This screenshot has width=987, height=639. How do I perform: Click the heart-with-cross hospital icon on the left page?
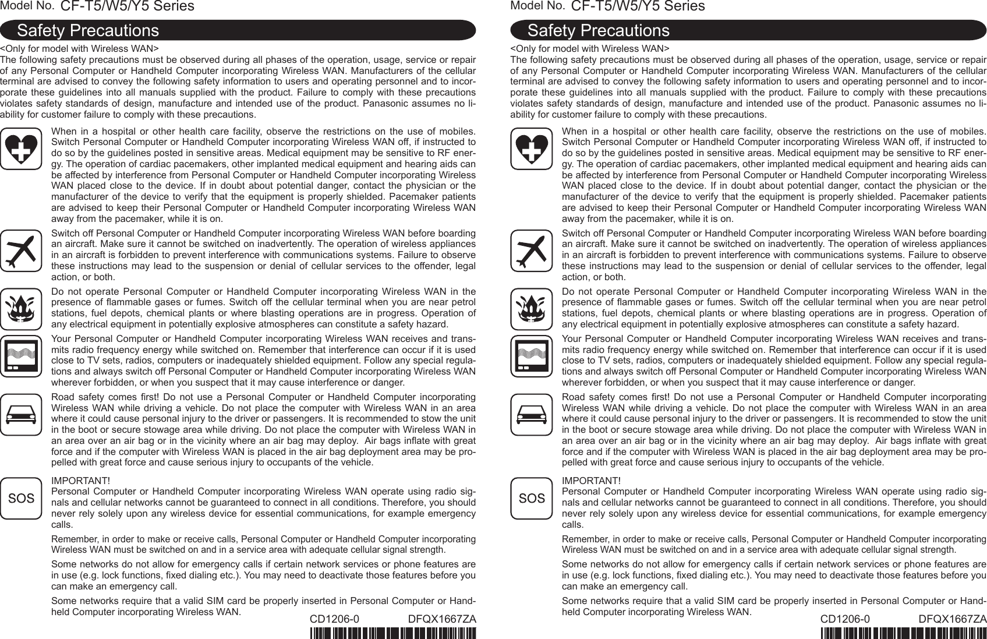pyautogui.click(x=21, y=149)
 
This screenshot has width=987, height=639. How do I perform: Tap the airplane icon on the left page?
pyautogui.click(x=21, y=250)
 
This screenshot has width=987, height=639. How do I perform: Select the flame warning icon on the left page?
pyautogui.click(x=21, y=309)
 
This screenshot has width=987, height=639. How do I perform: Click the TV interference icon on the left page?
pyautogui.click(x=21, y=356)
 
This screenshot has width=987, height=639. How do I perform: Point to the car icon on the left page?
pyautogui.click(x=21, y=415)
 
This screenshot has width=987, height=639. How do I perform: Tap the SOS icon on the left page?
pyautogui.click(x=21, y=498)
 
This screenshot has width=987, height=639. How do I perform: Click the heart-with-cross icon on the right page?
pyautogui.click(x=531, y=149)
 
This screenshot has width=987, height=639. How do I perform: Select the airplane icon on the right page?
pyautogui.click(x=531, y=250)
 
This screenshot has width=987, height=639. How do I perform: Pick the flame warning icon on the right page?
pyautogui.click(x=531, y=309)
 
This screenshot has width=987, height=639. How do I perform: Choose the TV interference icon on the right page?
pyautogui.click(x=531, y=356)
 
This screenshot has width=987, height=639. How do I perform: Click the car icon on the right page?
pyautogui.click(x=531, y=415)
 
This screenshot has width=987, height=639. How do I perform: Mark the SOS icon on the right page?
pyautogui.click(x=531, y=498)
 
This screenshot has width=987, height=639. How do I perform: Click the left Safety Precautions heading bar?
pyautogui.click(x=238, y=30)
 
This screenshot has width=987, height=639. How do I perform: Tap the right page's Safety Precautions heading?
pyautogui.click(x=748, y=30)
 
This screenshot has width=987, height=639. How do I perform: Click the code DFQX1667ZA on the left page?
pyautogui.click(x=442, y=619)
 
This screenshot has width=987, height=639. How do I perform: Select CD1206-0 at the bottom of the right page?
pyautogui.click(x=845, y=619)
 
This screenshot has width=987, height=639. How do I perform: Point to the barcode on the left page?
pyautogui.click(x=393, y=633)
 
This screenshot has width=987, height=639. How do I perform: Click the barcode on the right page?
pyautogui.click(x=903, y=633)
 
